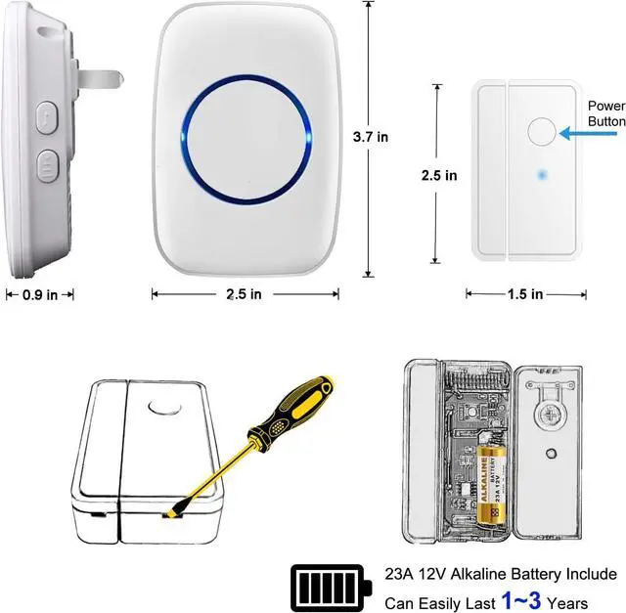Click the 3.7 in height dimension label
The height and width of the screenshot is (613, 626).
point(370,138)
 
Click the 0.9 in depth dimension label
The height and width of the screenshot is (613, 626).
point(39,293)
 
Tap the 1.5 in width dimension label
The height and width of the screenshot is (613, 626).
point(525,293)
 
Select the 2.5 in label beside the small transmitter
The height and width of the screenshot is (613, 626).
point(438,176)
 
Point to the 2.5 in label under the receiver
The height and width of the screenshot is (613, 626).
point(243,293)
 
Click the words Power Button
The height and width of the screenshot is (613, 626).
point(606,113)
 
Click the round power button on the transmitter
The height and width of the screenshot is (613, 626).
point(539,131)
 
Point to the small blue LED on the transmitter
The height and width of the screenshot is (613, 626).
point(539,176)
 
